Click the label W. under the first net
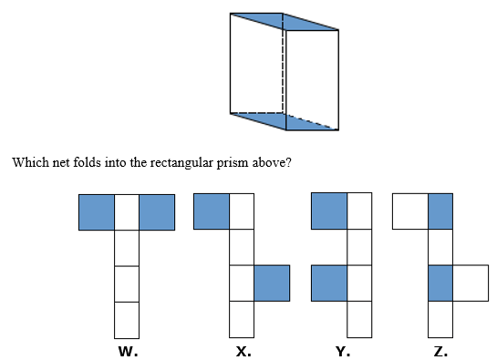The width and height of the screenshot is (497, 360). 128,351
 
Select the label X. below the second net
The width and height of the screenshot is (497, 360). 243,351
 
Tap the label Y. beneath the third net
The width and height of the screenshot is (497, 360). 343,351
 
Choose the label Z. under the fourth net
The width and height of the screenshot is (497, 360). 440,351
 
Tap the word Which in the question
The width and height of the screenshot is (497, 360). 31,162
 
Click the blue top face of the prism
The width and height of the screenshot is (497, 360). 285,22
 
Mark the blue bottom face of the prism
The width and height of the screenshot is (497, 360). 285,121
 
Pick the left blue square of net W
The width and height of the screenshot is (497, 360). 97,212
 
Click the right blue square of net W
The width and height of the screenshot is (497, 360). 157,212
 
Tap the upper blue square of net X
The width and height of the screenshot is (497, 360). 212,211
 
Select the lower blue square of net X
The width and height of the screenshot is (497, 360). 272,283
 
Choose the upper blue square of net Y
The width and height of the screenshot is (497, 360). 329,211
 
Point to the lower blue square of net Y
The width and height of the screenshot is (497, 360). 329,283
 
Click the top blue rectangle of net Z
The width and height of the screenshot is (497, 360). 440,211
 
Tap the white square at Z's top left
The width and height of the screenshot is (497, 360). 410,211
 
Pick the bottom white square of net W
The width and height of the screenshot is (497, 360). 127,320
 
